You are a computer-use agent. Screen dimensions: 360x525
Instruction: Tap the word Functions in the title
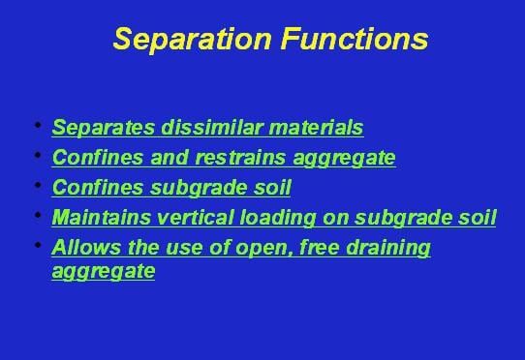coord(347,39)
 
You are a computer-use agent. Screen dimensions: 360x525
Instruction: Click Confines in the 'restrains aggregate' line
coord(90,157)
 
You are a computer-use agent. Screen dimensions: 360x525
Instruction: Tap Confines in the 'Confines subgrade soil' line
coord(90,187)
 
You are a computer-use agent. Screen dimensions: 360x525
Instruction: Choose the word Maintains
coord(98,217)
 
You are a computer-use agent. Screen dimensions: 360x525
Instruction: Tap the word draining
coord(391,247)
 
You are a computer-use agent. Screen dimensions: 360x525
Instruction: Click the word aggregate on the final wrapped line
coord(103,271)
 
